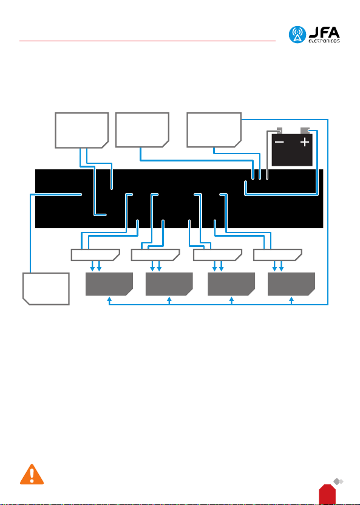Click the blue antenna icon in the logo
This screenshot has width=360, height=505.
point(297,35)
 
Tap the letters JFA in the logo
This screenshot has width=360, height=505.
point(324,33)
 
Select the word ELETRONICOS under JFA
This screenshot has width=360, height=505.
point(324,41)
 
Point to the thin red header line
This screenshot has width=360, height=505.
point(148,41)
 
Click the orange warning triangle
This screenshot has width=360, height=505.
point(32,475)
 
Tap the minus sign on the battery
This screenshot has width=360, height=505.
point(279,142)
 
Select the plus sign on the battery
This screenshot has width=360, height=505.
point(305,142)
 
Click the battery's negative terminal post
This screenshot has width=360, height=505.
point(279,130)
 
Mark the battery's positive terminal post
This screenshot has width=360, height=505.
point(305,130)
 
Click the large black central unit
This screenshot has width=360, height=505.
point(178,198)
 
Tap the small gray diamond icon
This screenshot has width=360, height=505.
point(338,482)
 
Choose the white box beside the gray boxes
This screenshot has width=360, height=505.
point(46,289)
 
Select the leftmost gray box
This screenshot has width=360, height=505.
point(109,284)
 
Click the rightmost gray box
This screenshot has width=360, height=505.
point(291,284)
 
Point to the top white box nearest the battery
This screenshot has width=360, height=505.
point(214,130)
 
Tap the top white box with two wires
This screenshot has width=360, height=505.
point(81,130)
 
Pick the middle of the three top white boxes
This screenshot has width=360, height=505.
point(142,130)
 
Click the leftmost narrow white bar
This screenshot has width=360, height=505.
point(96,255)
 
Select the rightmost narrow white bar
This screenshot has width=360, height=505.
point(277,255)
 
